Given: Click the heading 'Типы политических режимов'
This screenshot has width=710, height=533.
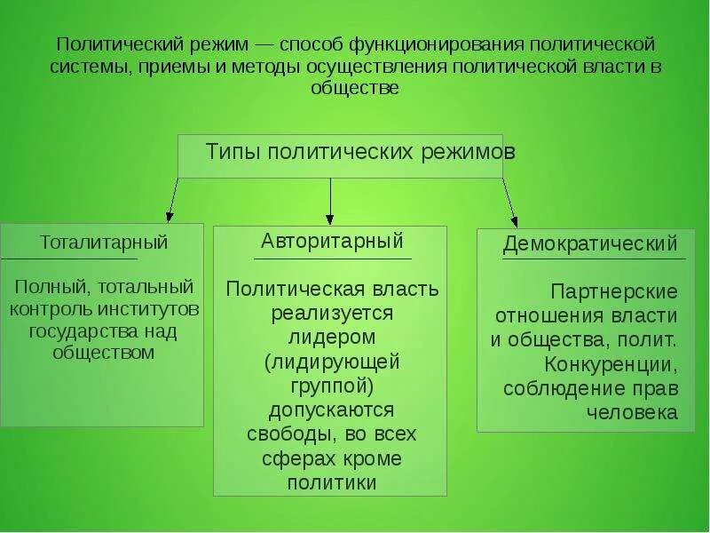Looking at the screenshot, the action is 360,152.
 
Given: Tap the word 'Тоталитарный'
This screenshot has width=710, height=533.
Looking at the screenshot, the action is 104,242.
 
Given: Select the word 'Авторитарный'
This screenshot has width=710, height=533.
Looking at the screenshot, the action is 332,241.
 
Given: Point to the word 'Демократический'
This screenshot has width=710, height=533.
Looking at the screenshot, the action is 590,243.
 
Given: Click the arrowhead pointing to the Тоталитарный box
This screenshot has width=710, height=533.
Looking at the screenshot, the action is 170,216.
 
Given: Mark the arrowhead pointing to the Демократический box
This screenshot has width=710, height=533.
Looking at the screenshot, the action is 514,221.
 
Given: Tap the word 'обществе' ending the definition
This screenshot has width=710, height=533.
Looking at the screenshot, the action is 355,88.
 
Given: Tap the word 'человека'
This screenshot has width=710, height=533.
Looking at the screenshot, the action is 632,412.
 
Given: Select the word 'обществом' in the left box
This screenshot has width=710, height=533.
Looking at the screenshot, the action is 104,353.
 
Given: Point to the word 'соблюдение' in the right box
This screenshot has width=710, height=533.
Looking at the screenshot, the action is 554,388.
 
